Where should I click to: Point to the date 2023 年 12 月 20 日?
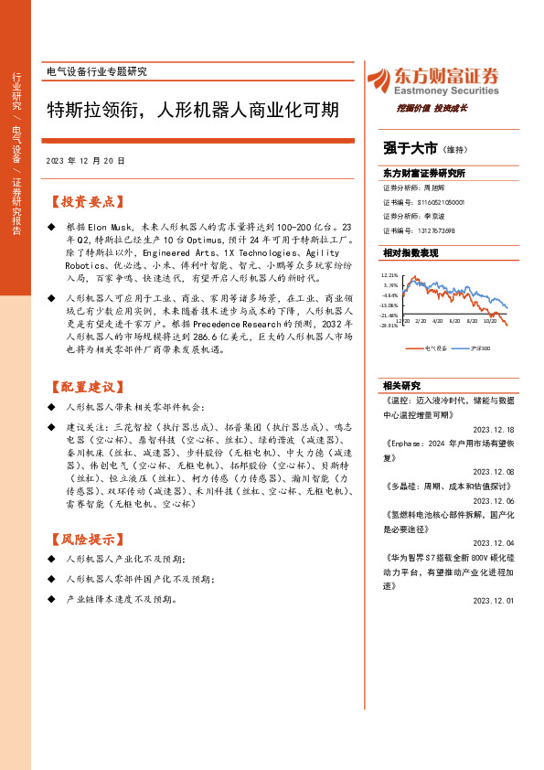point(86,160)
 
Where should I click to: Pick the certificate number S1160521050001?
point(442,201)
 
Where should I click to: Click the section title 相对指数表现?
point(411,252)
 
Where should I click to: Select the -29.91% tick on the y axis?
point(390,326)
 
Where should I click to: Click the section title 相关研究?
point(400,385)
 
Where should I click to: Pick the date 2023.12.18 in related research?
point(495,428)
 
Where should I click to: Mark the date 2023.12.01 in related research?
point(495,600)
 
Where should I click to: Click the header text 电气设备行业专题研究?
point(96,71)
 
